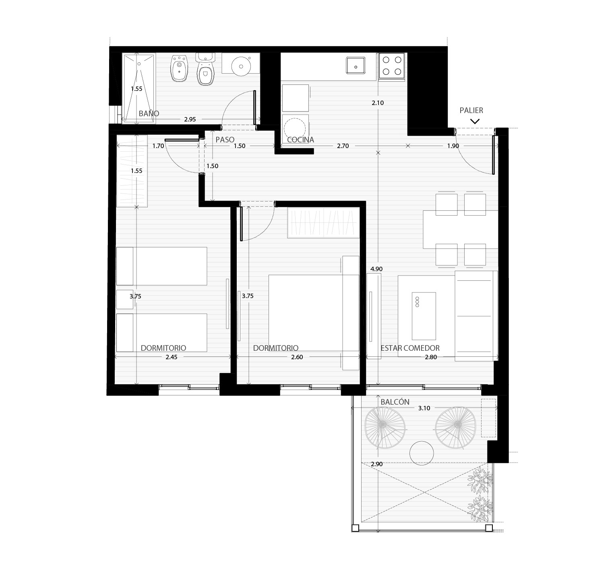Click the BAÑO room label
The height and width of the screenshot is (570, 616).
(x=149, y=113)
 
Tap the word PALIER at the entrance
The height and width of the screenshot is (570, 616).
(x=471, y=110)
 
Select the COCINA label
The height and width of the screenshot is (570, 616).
(x=300, y=140)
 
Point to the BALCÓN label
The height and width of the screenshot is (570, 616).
(x=395, y=402)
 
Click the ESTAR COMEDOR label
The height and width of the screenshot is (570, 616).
(x=410, y=348)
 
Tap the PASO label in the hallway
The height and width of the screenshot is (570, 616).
(x=225, y=140)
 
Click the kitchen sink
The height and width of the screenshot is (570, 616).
(x=356, y=65)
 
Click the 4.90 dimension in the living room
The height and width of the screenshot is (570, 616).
(x=376, y=269)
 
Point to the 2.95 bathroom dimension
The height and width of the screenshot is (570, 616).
(x=190, y=119)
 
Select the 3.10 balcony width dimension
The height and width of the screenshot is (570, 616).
(x=424, y=408)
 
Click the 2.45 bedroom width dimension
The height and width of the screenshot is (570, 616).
(x=172, y=357)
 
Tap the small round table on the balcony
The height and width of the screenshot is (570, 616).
(x=421, y=453)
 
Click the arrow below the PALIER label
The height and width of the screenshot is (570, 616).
(x=475, y=121)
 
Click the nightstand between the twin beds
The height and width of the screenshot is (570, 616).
(x=125, y=299)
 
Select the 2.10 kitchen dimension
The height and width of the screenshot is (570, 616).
(x=378, y=103)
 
